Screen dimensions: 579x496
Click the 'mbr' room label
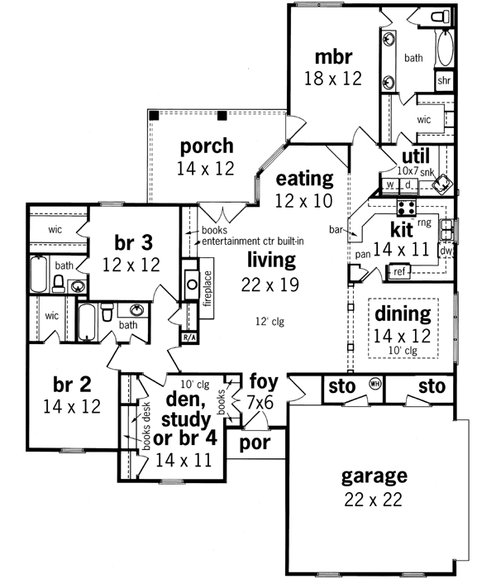click(334, 57)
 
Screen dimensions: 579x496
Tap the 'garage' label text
click(374, 476)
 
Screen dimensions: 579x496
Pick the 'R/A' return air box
click(188, 338)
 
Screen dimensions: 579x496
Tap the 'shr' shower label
click(444, 81)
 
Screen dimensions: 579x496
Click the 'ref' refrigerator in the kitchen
click(398, 270)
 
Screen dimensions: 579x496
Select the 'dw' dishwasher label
click(445, 250)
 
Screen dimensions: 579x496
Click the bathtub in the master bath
click(444, 50)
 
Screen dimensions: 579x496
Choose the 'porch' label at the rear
click(206, 146)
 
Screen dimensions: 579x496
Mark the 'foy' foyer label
click(264, 383)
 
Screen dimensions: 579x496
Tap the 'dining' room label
click(403, 313)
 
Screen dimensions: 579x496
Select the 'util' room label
click(414, 156)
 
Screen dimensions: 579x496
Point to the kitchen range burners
click(407, 207)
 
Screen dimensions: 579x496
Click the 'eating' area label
click(304, 178)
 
